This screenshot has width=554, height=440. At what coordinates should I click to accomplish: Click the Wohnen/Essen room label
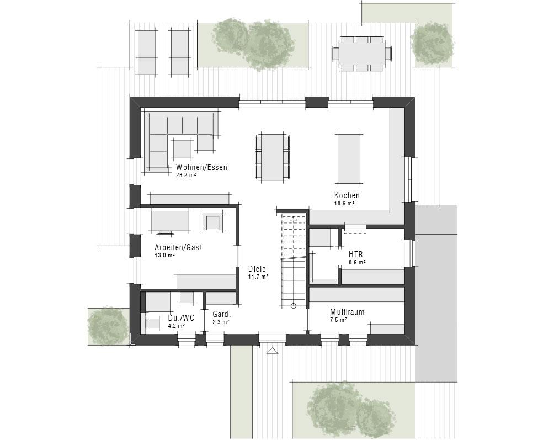tap(201, 167)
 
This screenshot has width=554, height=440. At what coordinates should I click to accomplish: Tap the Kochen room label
tap(347, 195)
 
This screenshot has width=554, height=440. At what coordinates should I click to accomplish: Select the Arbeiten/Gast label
tap(178, 247)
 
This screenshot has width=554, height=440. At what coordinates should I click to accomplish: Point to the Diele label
tap(257, 269)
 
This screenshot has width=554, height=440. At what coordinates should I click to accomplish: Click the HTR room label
tap(355, 255)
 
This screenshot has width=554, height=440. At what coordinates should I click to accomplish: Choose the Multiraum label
tap(347, 312)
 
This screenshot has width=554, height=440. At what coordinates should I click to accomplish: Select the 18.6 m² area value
tap(344, 203)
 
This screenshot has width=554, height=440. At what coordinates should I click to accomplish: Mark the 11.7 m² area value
tap(258, 277)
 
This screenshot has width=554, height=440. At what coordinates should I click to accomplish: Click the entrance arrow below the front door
tap(271, 351)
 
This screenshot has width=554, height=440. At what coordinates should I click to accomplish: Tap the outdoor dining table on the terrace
tap(362, 54)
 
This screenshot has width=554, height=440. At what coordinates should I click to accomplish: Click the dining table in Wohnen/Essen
tap(272, 156)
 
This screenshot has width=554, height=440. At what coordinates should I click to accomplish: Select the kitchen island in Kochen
tap(349, 158)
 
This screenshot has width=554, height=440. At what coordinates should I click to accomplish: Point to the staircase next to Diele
tap(293, 259)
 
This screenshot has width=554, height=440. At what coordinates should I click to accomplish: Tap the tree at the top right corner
tap(432, 43)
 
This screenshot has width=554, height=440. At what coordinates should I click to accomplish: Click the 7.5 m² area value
tap(338, 320)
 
